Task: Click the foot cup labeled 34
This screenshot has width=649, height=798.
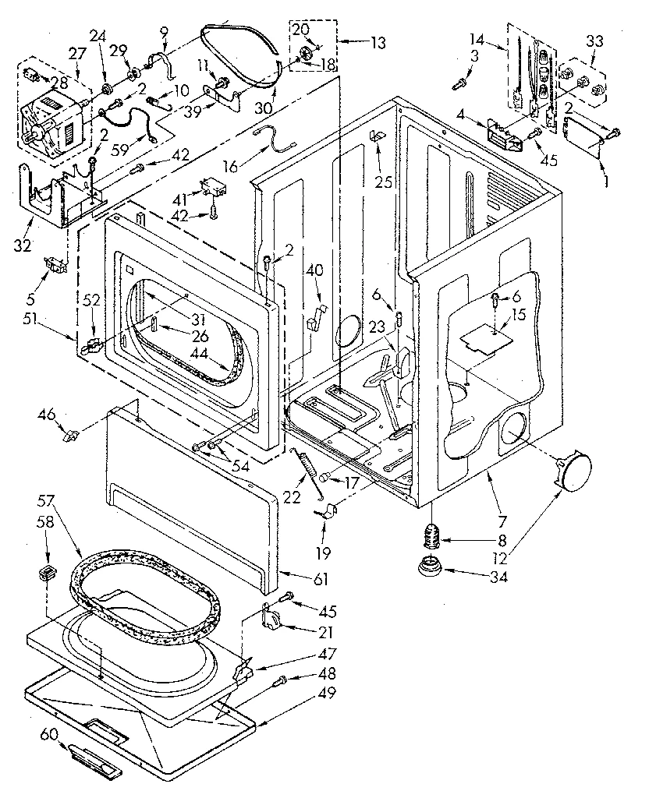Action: click(427, 567)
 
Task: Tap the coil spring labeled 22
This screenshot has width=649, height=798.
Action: click(308, 470)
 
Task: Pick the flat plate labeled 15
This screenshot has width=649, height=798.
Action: click(484, 337)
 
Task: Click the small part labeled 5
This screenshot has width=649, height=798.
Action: click(55, 263)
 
